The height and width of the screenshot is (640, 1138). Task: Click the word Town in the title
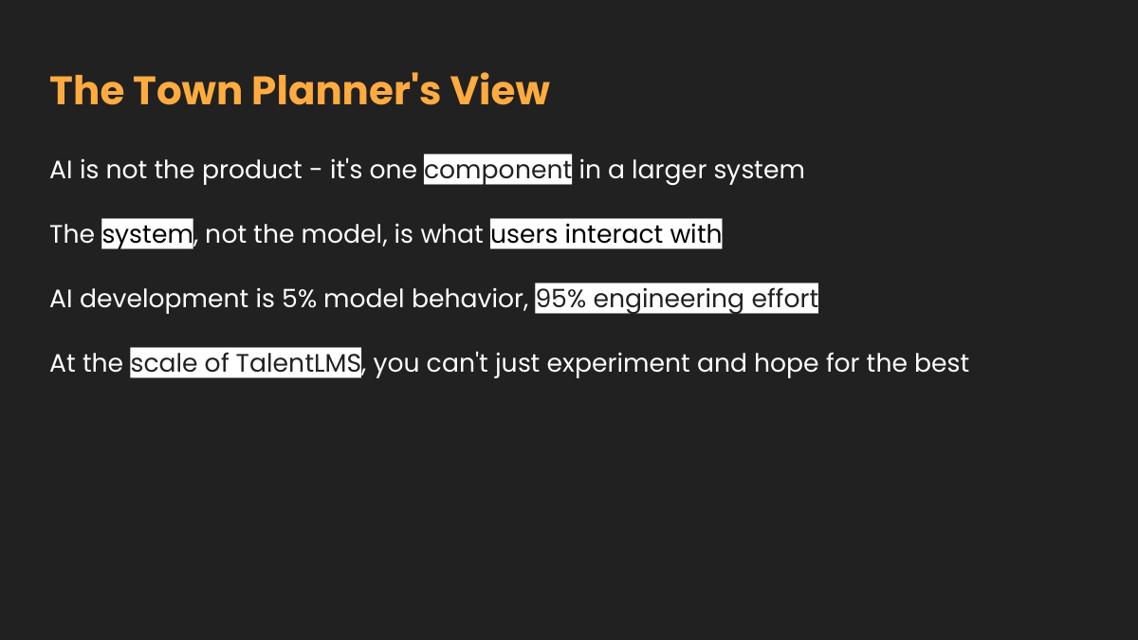click(x=188, y=90)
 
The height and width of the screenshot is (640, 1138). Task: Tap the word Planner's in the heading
click(x=346, y=90)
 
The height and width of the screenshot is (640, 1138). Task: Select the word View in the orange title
click(x=500, y=90)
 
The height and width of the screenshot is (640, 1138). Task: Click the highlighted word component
click(x=498, y=170)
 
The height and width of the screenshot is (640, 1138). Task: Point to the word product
click(x=252, y=170)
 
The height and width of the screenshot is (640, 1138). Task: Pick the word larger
click(x=669, y=170)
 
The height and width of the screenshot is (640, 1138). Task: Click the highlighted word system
click(x=147, y=235)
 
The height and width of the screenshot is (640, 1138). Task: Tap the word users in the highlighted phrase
click(x=524, y=235)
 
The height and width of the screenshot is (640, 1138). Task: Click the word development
click(x=164, y=299)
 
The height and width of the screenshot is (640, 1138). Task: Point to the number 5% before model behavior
click(x=300, y=299)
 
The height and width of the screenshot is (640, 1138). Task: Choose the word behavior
click(x=470, y=299)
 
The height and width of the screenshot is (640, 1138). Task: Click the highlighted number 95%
click(x=560, y=299)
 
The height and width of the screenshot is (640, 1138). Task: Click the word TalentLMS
click(x=299, y=363)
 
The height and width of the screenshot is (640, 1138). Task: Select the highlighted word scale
click(x=164, y=363)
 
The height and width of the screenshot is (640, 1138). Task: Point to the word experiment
click(x=618, y=364)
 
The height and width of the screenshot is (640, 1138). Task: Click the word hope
click(x=786, y=364)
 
